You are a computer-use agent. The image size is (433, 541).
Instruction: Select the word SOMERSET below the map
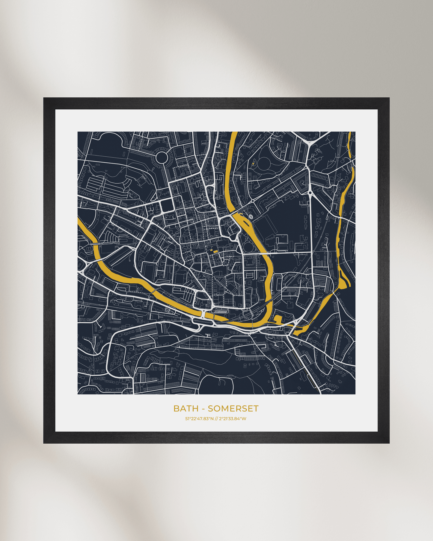233,409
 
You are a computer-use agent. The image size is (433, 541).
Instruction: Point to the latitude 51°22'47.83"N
199,419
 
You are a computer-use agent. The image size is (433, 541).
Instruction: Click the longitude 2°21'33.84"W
233,419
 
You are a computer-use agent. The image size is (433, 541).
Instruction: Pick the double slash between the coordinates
216,419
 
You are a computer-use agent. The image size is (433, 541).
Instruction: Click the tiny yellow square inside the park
253,164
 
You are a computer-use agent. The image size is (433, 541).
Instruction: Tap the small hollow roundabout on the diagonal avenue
253,200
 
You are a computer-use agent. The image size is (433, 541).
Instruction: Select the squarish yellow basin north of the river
278,319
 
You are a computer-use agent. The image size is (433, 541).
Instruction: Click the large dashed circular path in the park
263,164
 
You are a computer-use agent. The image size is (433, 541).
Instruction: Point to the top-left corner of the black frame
44,98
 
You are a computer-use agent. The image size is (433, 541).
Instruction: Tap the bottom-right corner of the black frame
389,443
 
